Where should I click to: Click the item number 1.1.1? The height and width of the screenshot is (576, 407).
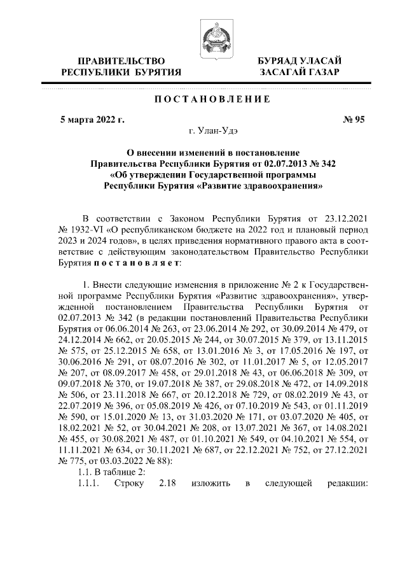[86, 485]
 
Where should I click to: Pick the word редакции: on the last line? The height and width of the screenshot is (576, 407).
[347, 485]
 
